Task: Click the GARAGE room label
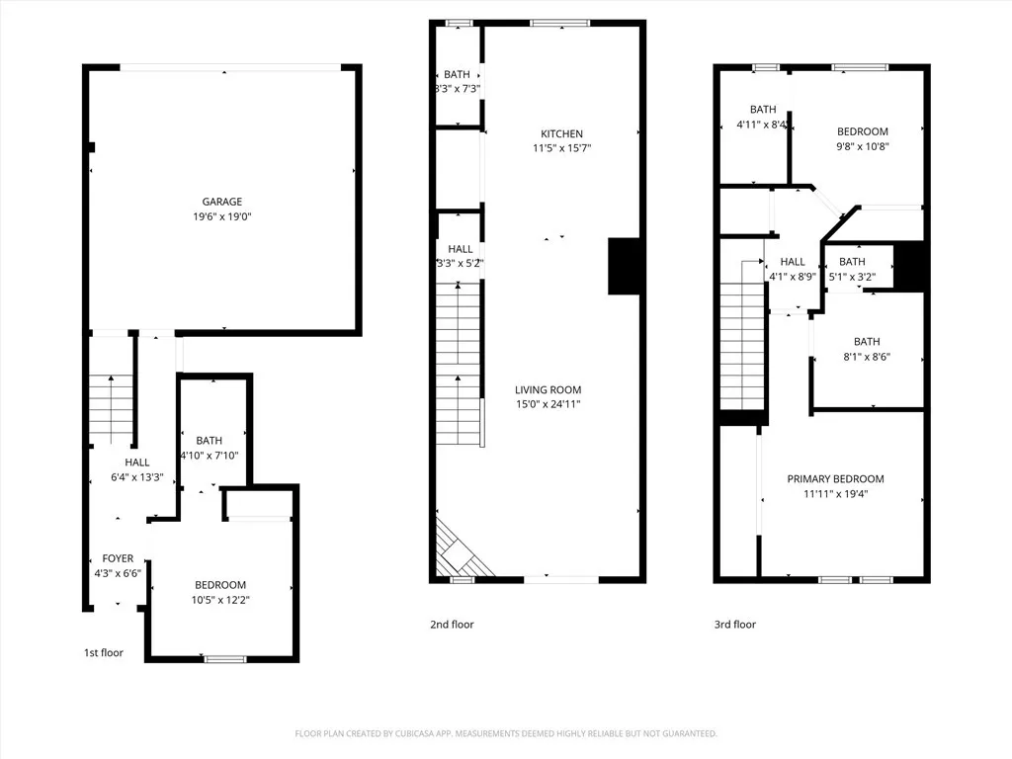tap(222, 202)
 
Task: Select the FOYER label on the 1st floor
tap(118, 558)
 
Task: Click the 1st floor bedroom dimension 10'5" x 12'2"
tap(220, 599)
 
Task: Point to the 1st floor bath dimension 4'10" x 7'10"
tap(210, 455)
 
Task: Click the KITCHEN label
tap(561, 133)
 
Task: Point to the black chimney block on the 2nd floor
tap(625, 266)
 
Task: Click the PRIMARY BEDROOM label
tap(835, 479)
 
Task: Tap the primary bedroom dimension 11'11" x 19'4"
tap(835, 494)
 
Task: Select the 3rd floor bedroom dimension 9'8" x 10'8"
tap(863, 146)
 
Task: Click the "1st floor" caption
tap(104, 652)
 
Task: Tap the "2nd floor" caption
tap(452, 625)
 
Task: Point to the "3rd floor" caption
tap(735, 625)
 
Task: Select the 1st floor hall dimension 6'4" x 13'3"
tap(136, 477)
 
